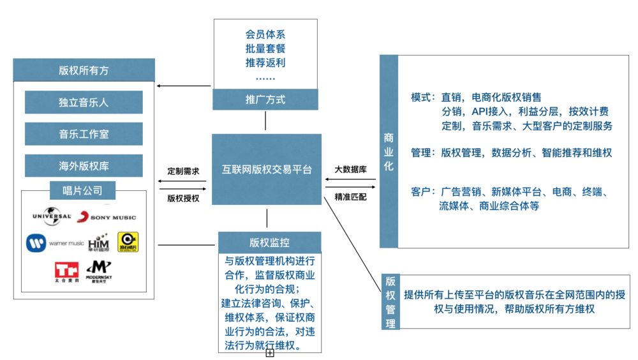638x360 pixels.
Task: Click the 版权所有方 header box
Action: pyautogui.click(x=84, y=70)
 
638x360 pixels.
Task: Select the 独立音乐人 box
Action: pyautogui.click(x=84, y=101)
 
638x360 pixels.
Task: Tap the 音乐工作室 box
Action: pyautogui.click(x=84, y=134)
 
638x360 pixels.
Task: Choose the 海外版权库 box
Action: pyautogui.click(x=84, y=166)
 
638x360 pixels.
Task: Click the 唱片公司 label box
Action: pyautogui.click(x=84, y=190)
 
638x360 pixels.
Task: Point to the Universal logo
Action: pyautogui.click(x=52, y=218)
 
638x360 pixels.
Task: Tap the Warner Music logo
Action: pyautogui.click(x=55, y=243)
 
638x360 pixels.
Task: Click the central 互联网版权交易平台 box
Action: pyautogui.click(x=267, y=170)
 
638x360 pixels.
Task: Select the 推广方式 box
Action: pyautogui.click(x=265, y=100)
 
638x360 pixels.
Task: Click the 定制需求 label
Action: pyautogui.click(x=183, y=171)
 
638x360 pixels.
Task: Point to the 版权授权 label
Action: pyautogui.click(x=183, y=199)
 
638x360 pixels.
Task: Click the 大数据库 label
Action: pyautogui.click(x=351, y=170)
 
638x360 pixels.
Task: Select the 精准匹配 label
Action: pyautogui.click(x=351, y=197)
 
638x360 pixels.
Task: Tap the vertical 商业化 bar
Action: pyautogui.click(x=389, y=151)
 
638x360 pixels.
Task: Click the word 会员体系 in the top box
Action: pyautogui.click(x=265, y=34)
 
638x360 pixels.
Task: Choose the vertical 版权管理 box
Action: pyautogui.click(x=390, y=302)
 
